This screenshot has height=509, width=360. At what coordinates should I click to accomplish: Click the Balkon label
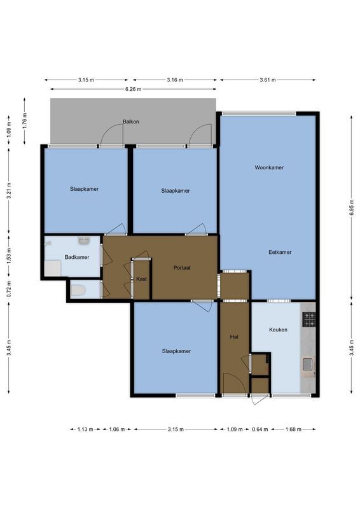click(x=130, y=122)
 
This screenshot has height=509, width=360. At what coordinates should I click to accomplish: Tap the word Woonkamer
click(x=268, y=168)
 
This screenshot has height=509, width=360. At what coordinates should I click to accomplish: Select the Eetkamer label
click(x=280, y=252)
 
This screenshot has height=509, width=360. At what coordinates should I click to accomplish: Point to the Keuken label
click(x=278, y=330)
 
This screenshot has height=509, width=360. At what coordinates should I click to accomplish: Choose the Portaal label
click(x=183, y=268)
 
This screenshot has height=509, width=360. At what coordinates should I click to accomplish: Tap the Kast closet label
click(x=141, y=279)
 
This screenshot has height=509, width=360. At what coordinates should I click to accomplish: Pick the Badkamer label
click(x=77, y=257)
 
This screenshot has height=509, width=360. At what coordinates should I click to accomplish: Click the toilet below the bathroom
click(x=78, y=291)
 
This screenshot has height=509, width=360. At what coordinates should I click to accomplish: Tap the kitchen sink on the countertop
click(x=308, y=364)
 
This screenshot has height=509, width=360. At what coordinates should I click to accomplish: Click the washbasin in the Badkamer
click(x=83, y=241)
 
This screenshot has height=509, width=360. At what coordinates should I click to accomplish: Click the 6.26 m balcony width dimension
click(x=132, y=89)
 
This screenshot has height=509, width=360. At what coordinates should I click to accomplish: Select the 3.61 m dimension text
click(x=268, y=80)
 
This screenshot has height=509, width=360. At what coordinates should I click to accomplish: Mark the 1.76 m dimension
click(x=24, y=121)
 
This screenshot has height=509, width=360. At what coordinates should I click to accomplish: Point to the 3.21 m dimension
click(x=9, y=192)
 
